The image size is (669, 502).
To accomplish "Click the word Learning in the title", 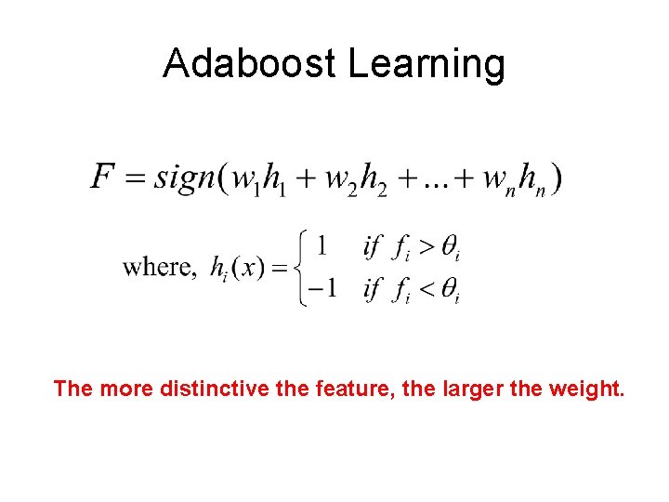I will [426, 63].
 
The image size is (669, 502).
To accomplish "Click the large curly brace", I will [301, 269].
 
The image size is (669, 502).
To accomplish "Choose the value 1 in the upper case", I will [321, 246].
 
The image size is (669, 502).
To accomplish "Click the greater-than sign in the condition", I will [423, 247].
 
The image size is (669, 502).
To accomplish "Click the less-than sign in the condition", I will [423, 290].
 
